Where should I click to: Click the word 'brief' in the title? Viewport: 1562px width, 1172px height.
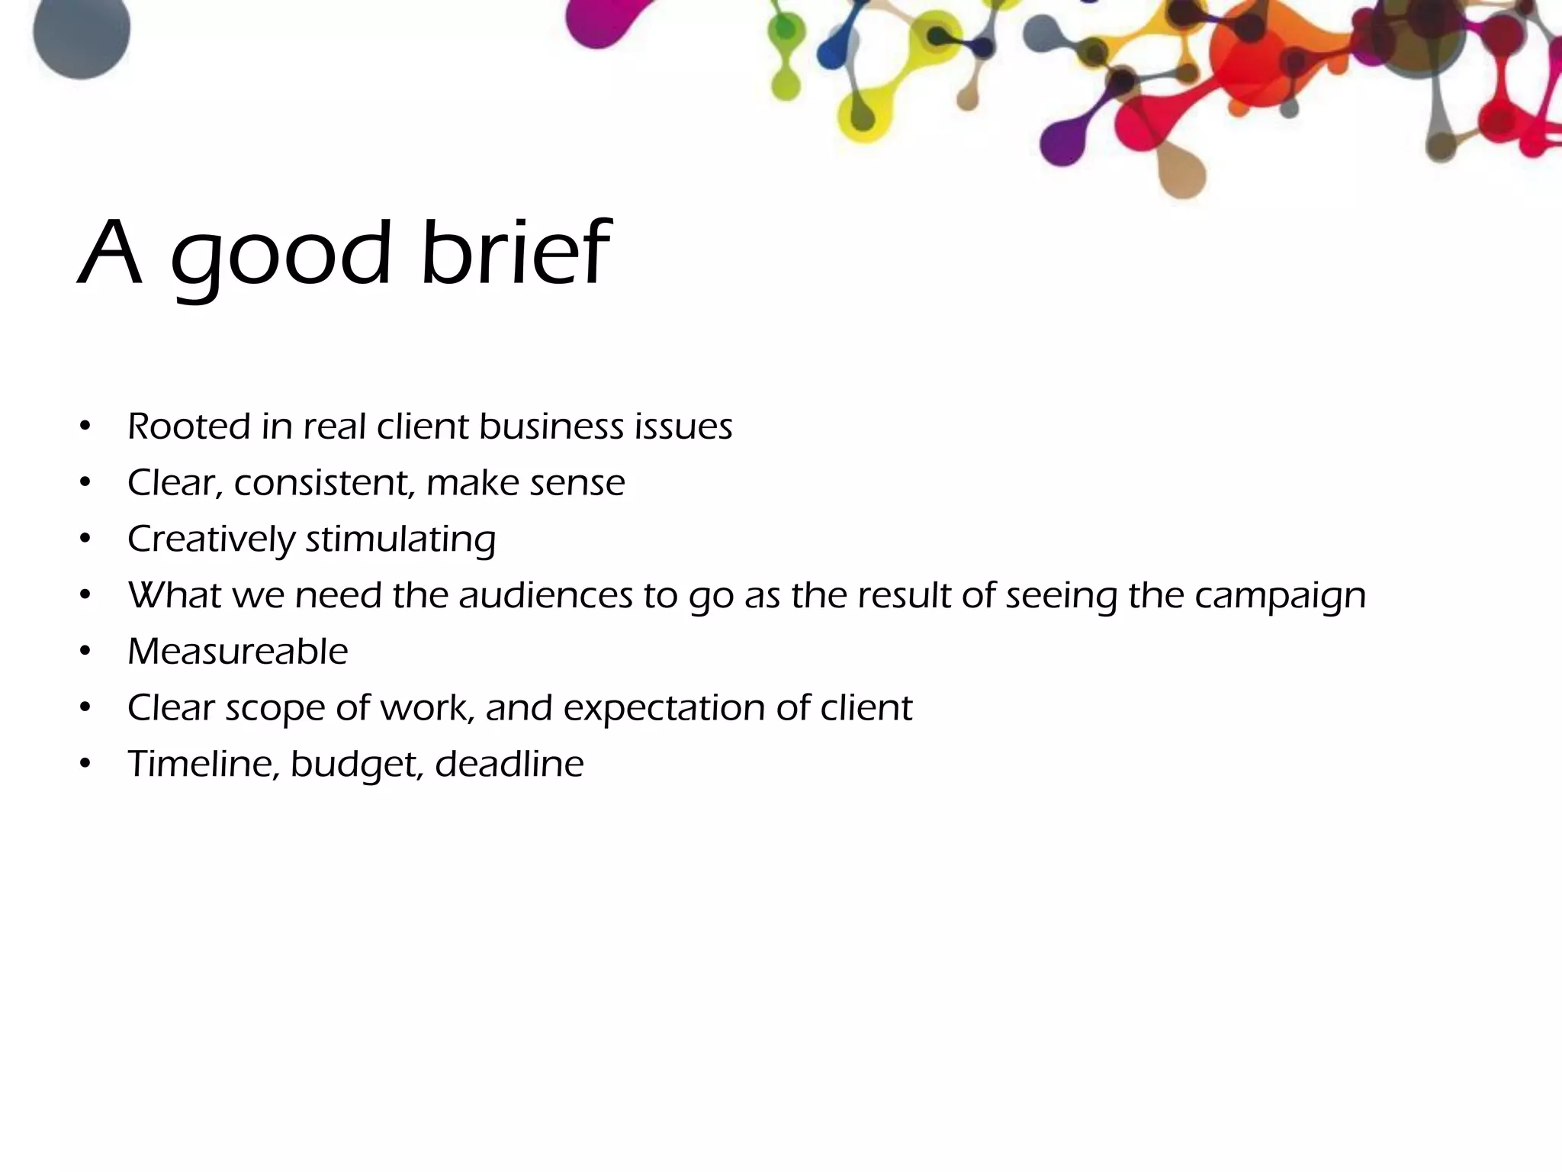516,253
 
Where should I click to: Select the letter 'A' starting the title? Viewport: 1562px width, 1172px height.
111,254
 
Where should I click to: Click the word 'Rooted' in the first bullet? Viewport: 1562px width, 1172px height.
189,427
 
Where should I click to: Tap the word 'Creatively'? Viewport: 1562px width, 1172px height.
211,540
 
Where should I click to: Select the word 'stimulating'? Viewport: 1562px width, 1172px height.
401,540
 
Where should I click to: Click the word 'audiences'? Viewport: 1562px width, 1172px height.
545,596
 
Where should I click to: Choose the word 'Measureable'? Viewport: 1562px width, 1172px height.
238,652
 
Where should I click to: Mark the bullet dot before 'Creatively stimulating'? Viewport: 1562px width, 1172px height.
85,540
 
